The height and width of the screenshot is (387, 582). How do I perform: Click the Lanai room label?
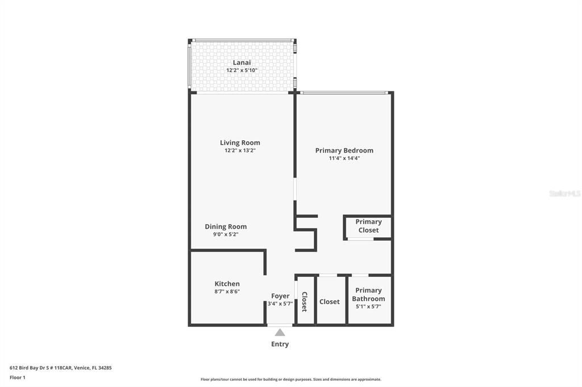coord(242,62)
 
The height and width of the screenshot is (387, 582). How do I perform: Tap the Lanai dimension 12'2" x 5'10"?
coord(242,70)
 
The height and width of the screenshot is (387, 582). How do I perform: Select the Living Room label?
coord(240,143)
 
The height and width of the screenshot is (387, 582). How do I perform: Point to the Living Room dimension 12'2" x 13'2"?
coord(240,150)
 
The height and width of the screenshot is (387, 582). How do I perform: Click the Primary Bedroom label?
coord(344,150)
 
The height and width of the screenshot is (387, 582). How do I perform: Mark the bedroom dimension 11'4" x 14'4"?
coord(344,158)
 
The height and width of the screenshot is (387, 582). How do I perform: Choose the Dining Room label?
coord(226,226)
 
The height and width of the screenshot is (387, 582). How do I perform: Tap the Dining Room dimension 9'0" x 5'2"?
coord(226,234)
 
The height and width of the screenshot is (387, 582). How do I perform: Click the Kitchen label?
coord(227,284)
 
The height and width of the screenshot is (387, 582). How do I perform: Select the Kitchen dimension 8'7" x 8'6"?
coord(227,291)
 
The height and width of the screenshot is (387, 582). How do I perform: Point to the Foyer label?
coord(280,296)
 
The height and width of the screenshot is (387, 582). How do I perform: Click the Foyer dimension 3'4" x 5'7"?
coord(280,304)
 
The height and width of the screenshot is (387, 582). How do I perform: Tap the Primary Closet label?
coord(368,226)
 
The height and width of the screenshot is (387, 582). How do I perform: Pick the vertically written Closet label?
coord(305,302)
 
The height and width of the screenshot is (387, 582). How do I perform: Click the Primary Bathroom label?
coord(368,295)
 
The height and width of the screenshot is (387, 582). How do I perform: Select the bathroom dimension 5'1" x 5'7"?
coord(368,306)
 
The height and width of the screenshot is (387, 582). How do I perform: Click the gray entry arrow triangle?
coord(280,332)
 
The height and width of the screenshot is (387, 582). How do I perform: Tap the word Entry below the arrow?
coord(280,344)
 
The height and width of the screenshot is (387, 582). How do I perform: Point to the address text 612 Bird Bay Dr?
coord(29,368)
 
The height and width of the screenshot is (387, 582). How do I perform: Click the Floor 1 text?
coord(18,377)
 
